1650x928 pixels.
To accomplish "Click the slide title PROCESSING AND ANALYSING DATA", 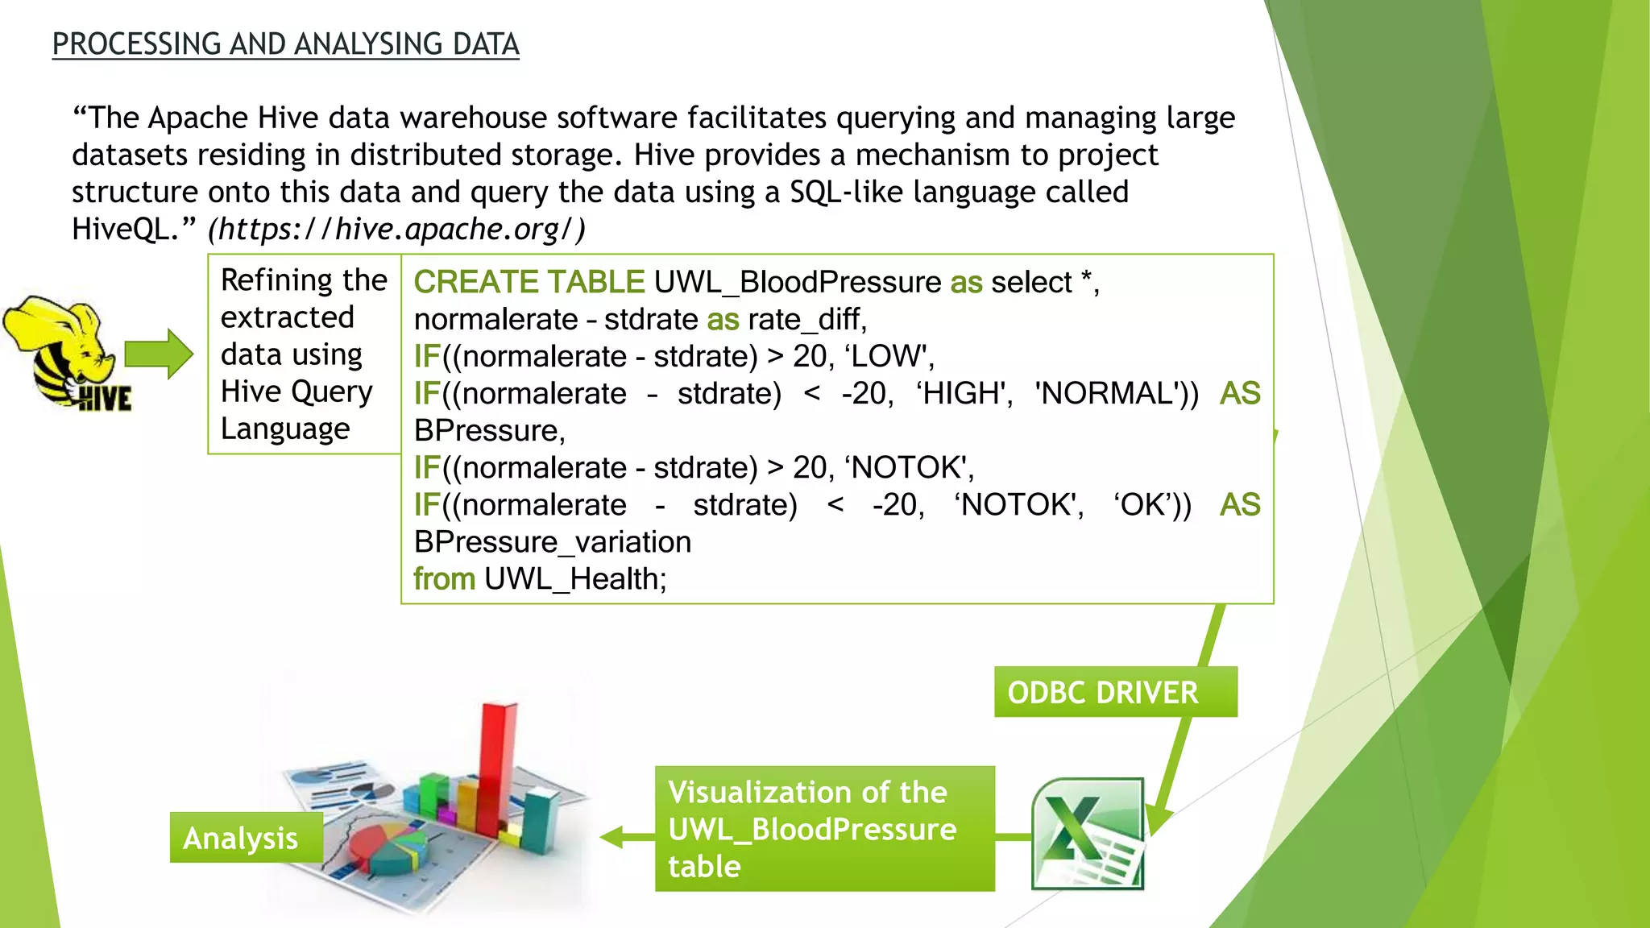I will [x=285, y=44].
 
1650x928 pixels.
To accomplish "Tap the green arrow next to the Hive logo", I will [x=159, y=354].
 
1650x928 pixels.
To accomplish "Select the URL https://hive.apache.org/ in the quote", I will [x=396, y=230].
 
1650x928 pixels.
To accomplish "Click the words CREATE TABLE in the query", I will [x=529, y=283].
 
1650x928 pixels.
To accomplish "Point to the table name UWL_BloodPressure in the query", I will [x=798, y=283].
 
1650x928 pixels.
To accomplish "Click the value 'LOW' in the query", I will [x=889, y=356].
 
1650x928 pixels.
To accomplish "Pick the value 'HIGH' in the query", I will [x=964, y=394].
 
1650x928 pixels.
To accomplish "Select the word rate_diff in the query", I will [x=806, y=320].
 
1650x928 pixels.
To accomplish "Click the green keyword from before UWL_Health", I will [x=444, y=579].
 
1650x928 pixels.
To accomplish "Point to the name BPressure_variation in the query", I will [x=552, y=542].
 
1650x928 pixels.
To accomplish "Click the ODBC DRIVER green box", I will [x=1115, y=692].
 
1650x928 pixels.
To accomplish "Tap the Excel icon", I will [x=1088, y=834].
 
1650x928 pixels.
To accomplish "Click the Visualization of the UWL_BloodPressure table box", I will [x=824, y=829].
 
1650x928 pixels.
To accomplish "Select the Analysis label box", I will [x=246, y=838].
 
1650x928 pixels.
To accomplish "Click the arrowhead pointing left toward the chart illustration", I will [x=612, y=838].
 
